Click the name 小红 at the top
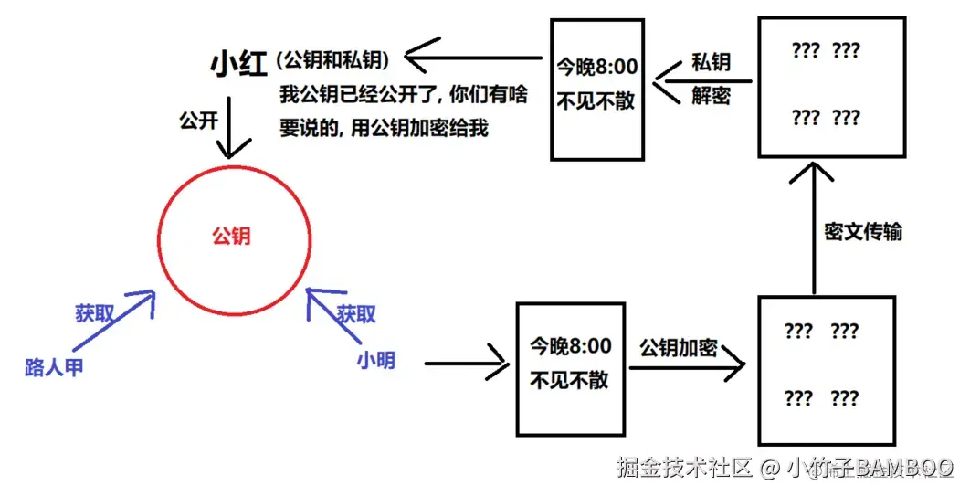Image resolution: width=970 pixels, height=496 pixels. pyautogui.click(x=237, y=64)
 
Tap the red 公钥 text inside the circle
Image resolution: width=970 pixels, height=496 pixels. pyautogui.click(x=231, y=236)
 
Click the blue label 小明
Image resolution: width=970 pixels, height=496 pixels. pyautogui.click(x=375, y=360)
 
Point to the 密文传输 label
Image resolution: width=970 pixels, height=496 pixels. pyautogui.click(x=863, y=232)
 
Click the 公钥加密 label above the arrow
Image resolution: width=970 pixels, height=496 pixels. pyautogui.click(x=678, y=348)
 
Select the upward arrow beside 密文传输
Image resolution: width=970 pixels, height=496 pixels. pyautogui.click(x=813, y=228)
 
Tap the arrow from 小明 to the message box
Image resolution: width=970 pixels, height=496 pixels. pyautogui.click(x=466, y=363)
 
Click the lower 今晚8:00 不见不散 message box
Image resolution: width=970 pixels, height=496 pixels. pyautogui.click(x=570, y=367)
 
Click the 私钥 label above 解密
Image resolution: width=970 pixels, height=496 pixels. pyautogui.click(x=710, y=63)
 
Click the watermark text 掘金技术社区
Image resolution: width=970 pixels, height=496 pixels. pyautogui.click(x=685, y=468)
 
